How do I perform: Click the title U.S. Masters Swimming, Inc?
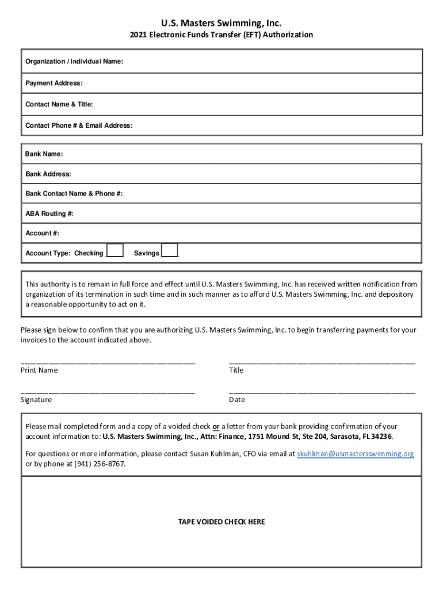click(221, 23)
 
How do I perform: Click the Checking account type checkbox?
click(116, 250)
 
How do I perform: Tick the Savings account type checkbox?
click(170, 250)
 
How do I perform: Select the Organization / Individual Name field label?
click(74, 62)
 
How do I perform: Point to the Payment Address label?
click(54, 83)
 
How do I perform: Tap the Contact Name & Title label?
click(59, 104)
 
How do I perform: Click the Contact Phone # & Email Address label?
click(78, 125)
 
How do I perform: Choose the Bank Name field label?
click(44, 154)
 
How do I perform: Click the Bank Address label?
click(48, 174)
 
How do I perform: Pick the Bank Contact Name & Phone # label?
click(74, 194)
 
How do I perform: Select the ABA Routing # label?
click(49, 214)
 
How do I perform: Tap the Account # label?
click(42, 233)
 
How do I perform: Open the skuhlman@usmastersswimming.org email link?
click(355, 454)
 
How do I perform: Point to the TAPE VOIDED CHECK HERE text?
click(221, 522)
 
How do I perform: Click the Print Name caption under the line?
click(39, 370)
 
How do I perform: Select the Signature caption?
click(36, 400)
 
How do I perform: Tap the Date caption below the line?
click(236, 400)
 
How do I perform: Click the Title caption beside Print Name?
click(236, 370)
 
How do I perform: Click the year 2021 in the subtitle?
click(138, 35)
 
